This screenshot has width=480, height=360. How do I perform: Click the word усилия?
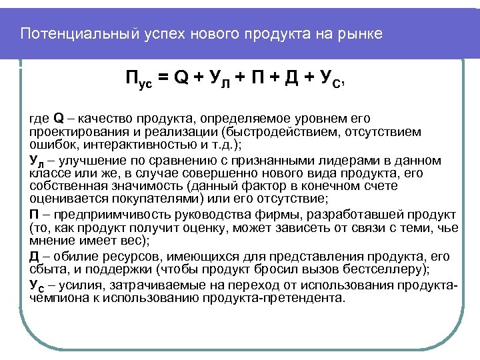point(81,286)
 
